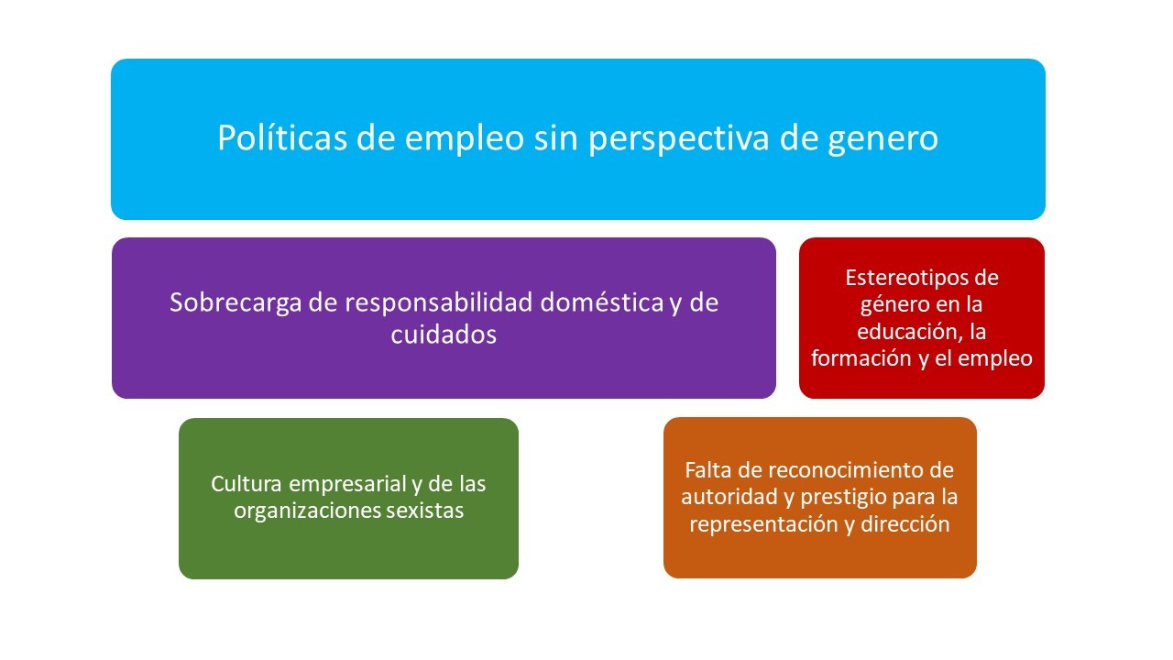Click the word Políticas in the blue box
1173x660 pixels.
point(282,137)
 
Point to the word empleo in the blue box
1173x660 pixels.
point(464,138)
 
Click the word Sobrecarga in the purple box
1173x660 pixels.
point(236,303)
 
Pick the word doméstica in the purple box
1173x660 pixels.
point(602,302)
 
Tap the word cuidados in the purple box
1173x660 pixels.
point(444,334)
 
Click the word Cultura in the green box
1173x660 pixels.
point(247,484)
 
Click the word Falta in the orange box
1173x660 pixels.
point(707,470)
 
